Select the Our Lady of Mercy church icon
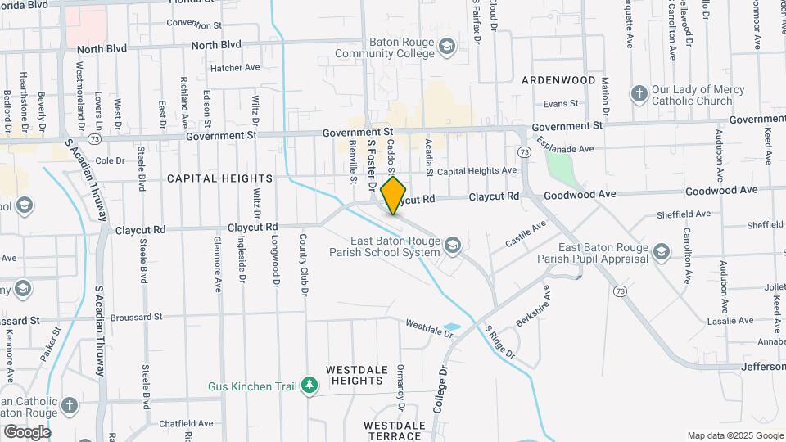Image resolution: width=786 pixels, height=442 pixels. (x=639, y=94)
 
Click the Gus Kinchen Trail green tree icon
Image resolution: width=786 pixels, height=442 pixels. (x=309, y=386)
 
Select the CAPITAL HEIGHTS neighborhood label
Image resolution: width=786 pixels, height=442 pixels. (x=219, y=178)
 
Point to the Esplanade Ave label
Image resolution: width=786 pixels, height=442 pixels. (x=565, y=149)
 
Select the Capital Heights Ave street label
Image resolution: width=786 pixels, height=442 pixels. (x=477, y=171)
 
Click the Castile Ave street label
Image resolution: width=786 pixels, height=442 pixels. (x=526, y=234)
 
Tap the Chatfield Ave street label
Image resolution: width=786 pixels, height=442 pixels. (x=187, y=423)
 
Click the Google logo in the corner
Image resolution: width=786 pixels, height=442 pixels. (x=26, y=432)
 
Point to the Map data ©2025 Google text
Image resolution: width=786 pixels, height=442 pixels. (x=734, y=435)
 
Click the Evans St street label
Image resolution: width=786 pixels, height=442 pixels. (x=561, y=104)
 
